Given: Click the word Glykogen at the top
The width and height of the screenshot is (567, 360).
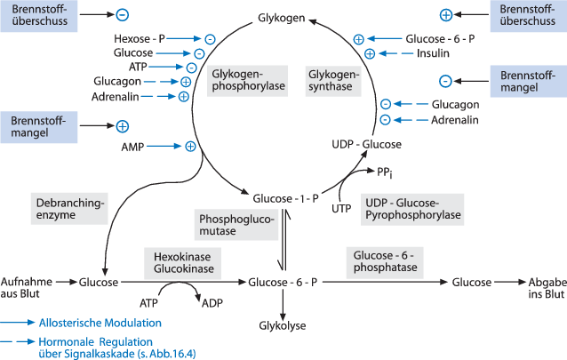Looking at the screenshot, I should tap(282, 18).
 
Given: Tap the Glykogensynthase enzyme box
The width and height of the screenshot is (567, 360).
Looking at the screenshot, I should tap(334, 80).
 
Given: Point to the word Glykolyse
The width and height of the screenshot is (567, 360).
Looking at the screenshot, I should tap(283, 326).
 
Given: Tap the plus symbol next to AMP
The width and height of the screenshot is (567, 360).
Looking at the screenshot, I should tap(189, 146).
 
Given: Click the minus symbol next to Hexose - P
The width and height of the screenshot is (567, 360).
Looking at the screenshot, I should tap(209, 39).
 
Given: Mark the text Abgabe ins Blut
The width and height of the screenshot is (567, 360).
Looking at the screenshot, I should tap(541, 286).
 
